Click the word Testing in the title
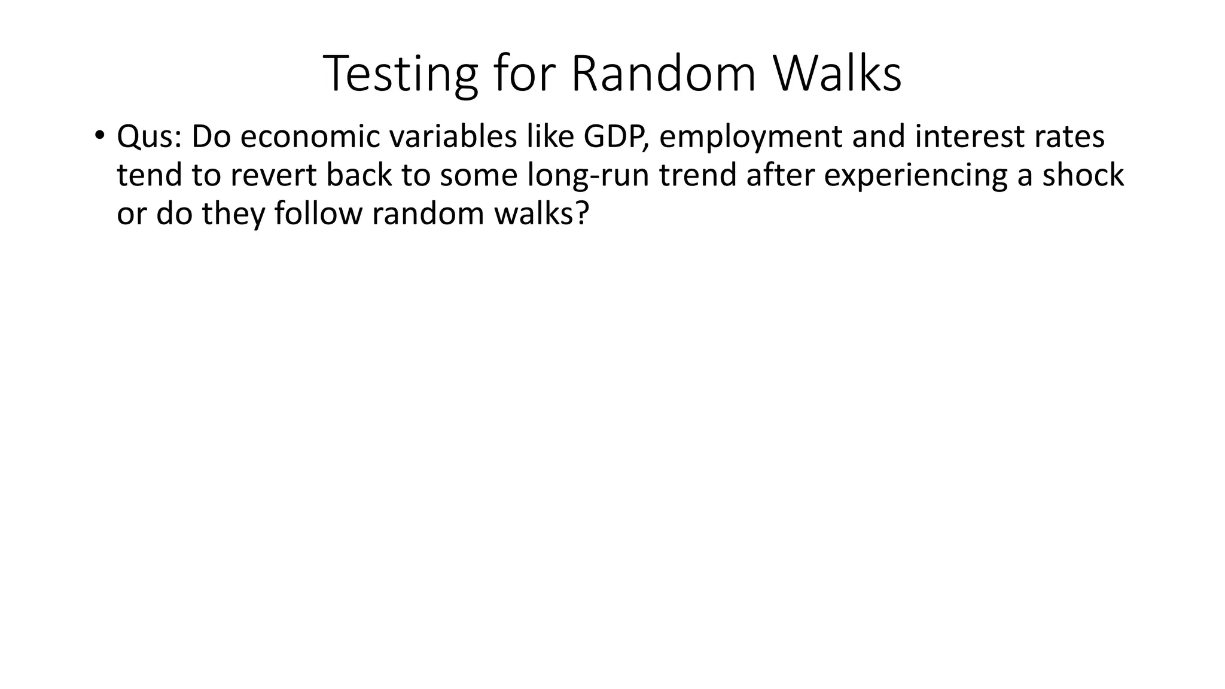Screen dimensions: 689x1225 (x=400, y=74)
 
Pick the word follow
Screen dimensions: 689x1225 (x=318, y=214)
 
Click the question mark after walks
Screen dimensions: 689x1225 (x=583, y=214)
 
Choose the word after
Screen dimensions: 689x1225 (x=781, y=176)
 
